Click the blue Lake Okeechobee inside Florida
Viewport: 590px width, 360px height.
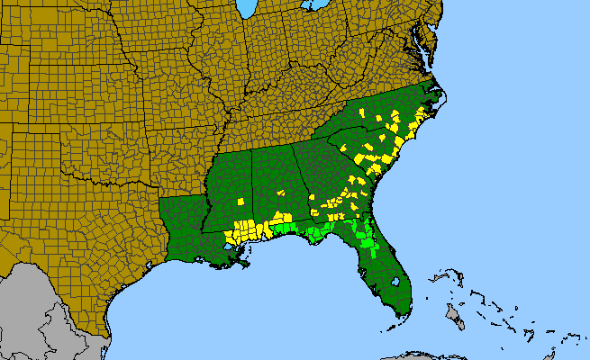pos(395,281)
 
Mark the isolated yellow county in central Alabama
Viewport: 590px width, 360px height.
pos(281,192)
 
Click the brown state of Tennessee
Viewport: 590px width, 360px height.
pos(270,126)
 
